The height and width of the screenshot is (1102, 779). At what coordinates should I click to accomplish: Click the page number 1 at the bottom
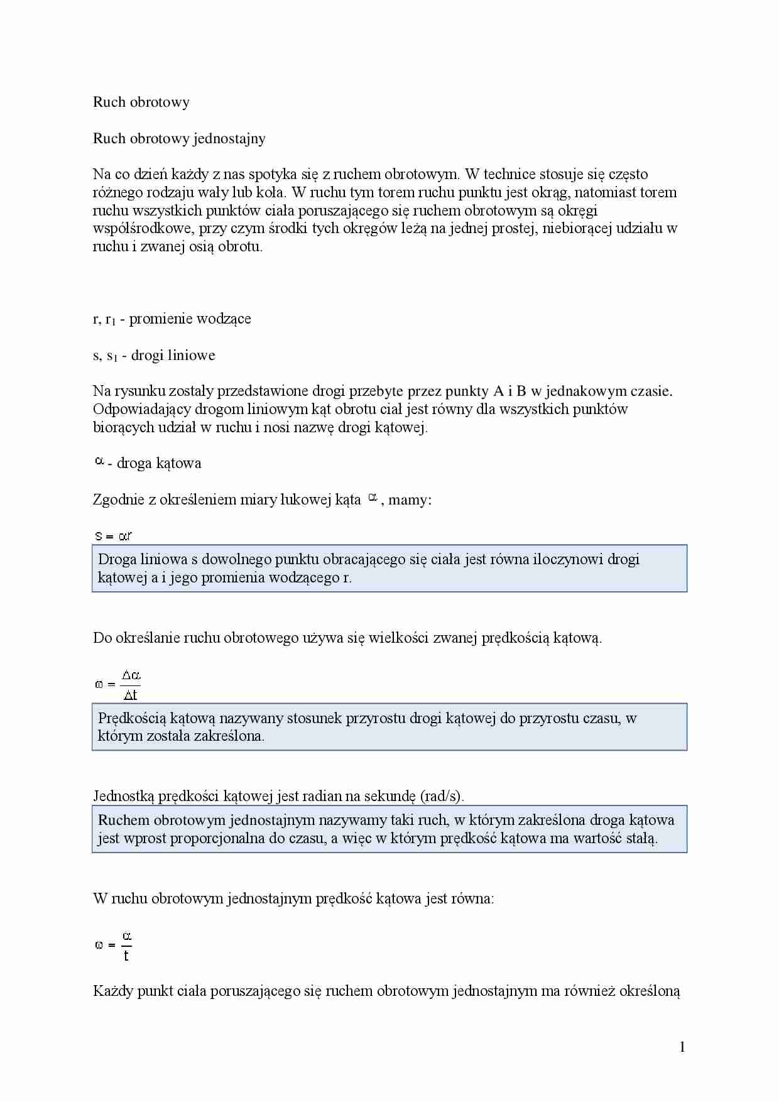pos(682,1047)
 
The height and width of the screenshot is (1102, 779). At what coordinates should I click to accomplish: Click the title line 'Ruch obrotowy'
pos(141,102)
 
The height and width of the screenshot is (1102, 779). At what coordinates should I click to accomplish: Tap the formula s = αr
pos(113,536)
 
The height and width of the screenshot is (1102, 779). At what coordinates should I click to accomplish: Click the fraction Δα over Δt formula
pos(130,685)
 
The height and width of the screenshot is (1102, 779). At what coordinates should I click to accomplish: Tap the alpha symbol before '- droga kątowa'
pos(99,462)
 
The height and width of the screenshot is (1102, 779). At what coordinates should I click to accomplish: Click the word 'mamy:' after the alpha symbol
pos(410,500)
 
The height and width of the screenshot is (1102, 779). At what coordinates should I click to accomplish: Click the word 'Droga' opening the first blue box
pos(117,559)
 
